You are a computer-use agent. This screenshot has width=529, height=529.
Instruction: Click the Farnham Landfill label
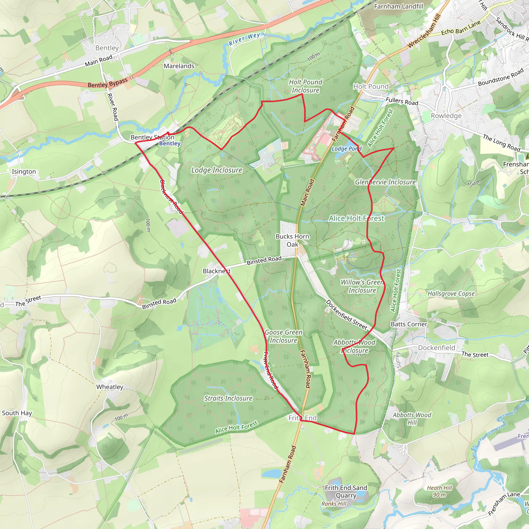[x=398, y=6]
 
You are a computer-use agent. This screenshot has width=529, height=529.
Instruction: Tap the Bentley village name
[x=107, y=48]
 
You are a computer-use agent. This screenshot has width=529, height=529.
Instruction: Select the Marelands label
[x=179, y=66]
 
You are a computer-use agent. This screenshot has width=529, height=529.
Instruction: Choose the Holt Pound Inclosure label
[x=306, y=86]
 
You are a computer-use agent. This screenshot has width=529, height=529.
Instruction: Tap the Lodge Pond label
[x=346, y=149]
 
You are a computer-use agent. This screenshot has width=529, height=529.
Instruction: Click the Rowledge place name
[x=446, y=115]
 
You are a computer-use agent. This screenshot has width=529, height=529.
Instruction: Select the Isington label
[x=24, y=172]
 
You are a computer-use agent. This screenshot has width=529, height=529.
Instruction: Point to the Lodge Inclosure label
[x=216, y=170]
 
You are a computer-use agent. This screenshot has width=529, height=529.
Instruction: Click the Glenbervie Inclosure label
[x=385, y=182]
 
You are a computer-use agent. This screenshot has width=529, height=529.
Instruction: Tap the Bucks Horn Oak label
[x=292, y=240]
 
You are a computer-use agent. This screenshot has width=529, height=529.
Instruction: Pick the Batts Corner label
[x=409, y=324]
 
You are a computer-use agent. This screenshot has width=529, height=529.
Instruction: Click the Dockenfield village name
[x=437, y=348]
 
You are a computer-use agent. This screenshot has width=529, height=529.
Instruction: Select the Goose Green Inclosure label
[x=283, y=336]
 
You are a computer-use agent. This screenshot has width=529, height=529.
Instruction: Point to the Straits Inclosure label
[x=228, y=398]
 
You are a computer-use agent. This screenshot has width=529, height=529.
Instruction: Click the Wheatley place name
[x=110, y=387]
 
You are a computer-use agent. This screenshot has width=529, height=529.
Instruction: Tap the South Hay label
[x=17, y=413]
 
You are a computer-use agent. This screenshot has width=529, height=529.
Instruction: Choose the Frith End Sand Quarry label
[x=346, y=492]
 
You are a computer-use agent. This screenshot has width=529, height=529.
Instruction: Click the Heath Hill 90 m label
[x=439, y=491]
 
